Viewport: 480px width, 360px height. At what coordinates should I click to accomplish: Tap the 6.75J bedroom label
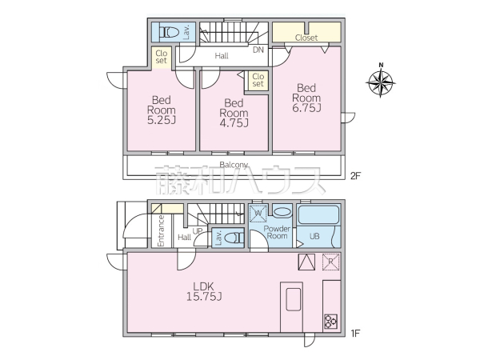[306, 98]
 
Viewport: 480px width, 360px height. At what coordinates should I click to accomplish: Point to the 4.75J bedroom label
[234, 113]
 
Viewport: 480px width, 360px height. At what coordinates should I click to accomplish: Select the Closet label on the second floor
[306, 38]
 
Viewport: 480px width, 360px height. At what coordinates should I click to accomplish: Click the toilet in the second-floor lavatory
[168, 33]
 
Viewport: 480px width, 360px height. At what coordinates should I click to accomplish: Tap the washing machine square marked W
[258, 214]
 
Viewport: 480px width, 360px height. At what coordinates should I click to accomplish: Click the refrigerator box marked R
[330, 262]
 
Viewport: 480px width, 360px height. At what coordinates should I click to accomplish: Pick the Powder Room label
[278, 232]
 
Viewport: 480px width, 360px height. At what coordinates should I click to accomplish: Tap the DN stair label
[258, 50]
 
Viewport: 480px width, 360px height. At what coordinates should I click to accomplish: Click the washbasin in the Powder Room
[282, 212]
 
